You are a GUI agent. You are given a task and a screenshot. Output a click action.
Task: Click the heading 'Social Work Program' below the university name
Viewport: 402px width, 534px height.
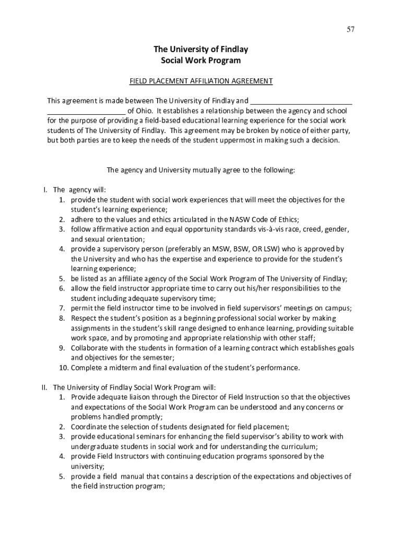pyautogui.click(x=200, y=60)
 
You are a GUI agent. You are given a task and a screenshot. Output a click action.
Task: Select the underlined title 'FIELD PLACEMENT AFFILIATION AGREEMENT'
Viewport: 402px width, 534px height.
pyautogui.click(x=201, y=81)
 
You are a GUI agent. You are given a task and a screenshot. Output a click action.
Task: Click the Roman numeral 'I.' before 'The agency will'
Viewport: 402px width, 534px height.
pyautogui.click(x=45, y=190)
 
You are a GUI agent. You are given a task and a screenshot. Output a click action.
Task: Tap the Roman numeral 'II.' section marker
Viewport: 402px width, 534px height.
pyautogui.click(x=45, y=387)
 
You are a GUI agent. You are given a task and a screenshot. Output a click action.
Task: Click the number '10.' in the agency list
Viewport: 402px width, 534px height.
pyautogui.click(x=63, y=368)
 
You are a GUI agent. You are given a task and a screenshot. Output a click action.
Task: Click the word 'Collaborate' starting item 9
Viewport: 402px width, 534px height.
pyautogui.click(x=90, y=348)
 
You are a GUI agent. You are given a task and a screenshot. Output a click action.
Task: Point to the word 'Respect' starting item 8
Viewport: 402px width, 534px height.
pyautogui.click(x=85, y=318)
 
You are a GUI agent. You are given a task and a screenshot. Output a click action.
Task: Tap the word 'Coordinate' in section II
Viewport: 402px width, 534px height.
pyautogui.click(x=89, y=427)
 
